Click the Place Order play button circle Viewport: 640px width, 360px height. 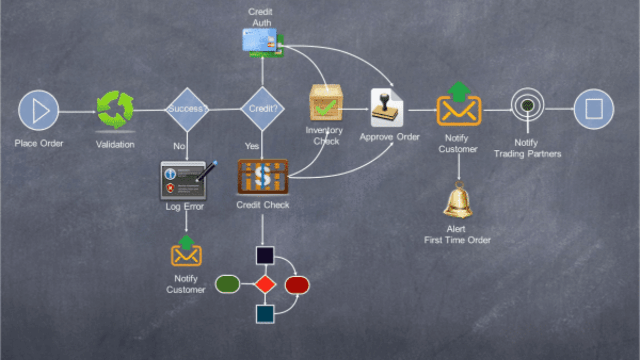(38, 110)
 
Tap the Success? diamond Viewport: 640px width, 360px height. (186, 109)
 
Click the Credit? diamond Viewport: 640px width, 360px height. (262, 109)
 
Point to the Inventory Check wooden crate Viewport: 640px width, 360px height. (326, 103)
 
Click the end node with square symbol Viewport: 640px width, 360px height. (594, 109)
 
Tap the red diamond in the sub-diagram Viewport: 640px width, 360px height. (265, 284)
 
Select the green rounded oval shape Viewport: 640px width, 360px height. (228, 284)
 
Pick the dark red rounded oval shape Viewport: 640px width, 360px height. (297, 285)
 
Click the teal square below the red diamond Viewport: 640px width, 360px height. (265, 314)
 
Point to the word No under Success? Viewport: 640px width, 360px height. (179, 146)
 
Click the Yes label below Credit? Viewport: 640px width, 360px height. (252, 146)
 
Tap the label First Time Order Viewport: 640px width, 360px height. (457, 240)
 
